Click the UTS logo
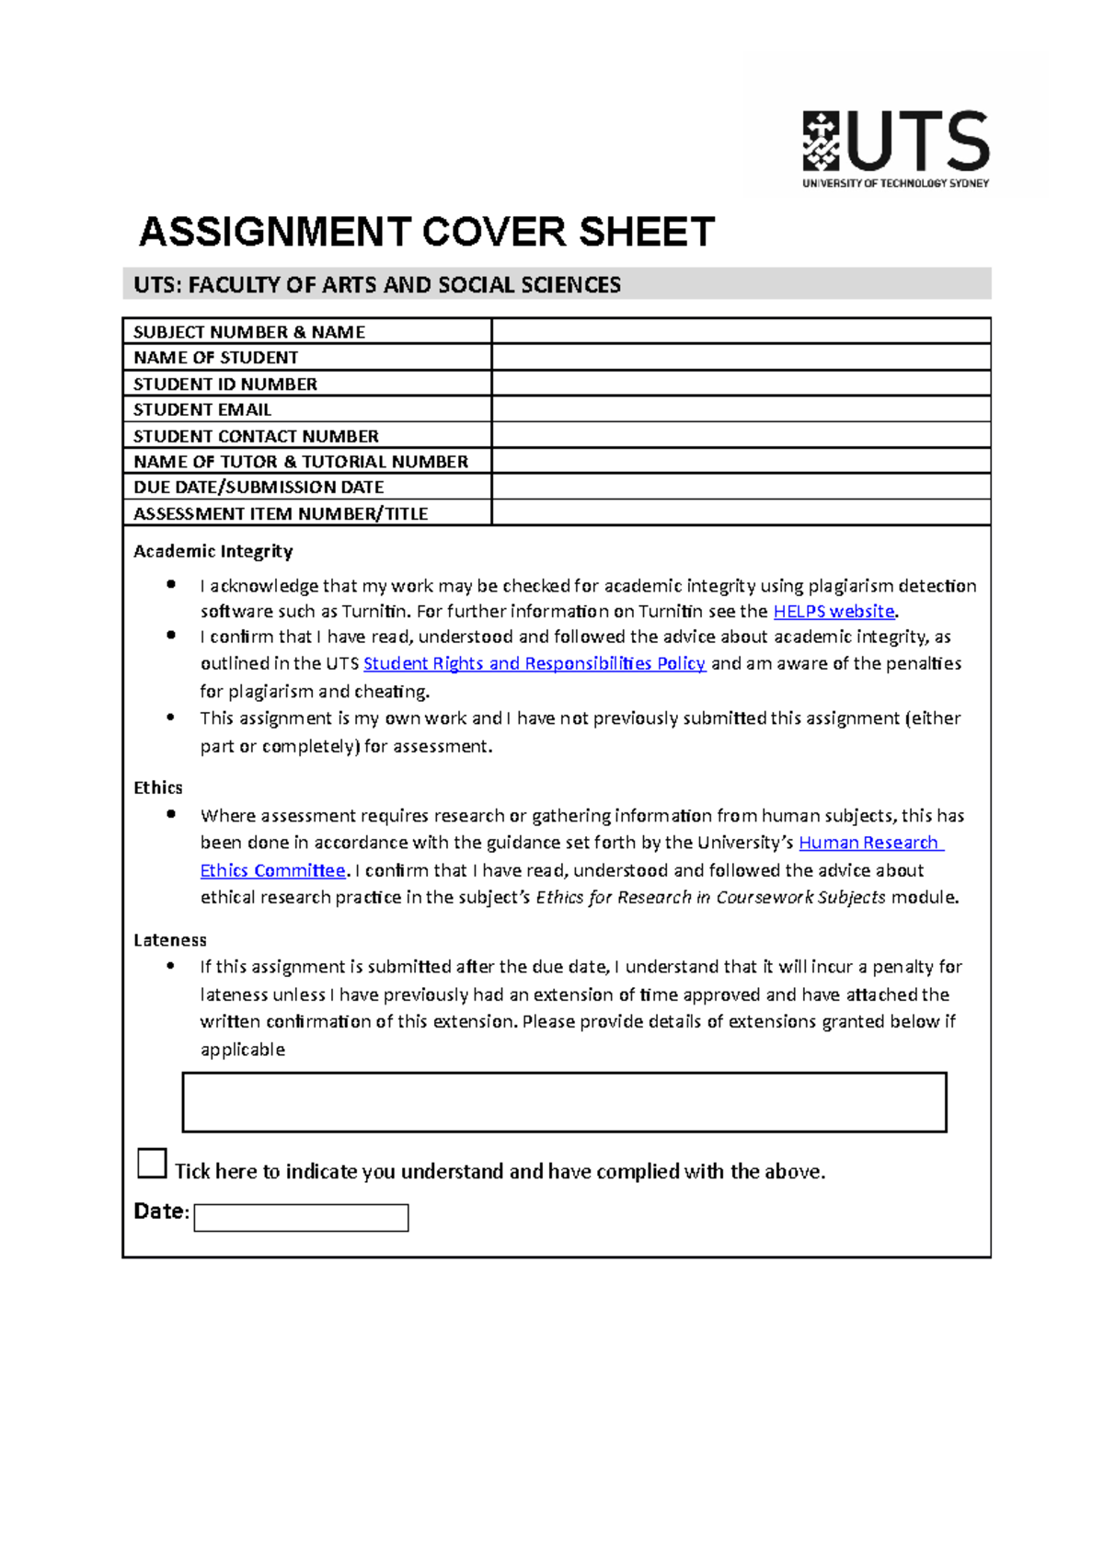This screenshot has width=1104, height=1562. (895, 147)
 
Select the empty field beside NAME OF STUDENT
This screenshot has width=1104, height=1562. (741, 358)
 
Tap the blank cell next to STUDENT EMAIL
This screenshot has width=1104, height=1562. (741, 409)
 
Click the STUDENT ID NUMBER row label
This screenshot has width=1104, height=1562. (225, 384)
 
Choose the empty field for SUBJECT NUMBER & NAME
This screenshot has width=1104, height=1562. (741, 331)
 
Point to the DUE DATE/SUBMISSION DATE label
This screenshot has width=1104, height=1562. (259, 488)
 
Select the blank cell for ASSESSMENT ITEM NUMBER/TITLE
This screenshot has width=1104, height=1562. (741, 513)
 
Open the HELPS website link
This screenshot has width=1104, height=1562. (834, 612)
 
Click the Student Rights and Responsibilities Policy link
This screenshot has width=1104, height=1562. (534, 664)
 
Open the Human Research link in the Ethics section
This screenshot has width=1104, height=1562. (868, 843)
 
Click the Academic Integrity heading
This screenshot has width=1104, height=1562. (213, 551)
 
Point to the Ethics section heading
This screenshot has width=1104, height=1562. (158, 787)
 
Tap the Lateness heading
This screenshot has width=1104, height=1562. (170, 940)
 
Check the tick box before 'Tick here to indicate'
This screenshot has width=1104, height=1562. (152, 1163)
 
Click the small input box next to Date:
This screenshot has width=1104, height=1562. (301, 1218)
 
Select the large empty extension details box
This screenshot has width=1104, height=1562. (564, 1102)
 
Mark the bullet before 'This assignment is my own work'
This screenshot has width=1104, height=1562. (171, 718)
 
